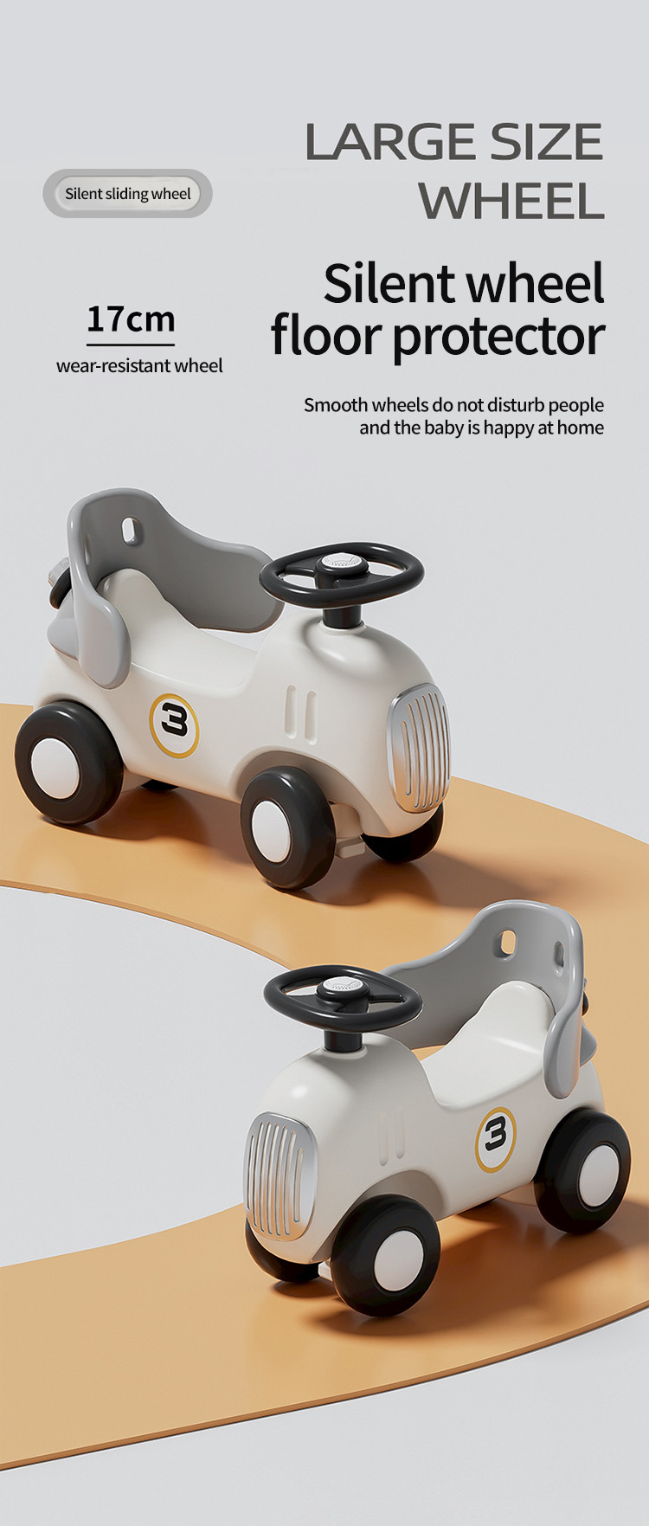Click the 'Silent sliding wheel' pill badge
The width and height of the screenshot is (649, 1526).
pos(127,193)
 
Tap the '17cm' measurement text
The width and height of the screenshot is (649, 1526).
pos(131,319)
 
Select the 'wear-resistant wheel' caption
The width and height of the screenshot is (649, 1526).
pos(139,365)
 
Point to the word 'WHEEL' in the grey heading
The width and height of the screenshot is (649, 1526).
pos(511,201)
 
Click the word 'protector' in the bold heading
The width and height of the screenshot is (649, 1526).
pos(498,338)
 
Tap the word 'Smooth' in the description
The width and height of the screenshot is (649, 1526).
pos(336,404)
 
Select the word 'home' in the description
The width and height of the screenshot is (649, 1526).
pos(581,427)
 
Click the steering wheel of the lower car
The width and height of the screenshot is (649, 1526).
pos(343,997)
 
